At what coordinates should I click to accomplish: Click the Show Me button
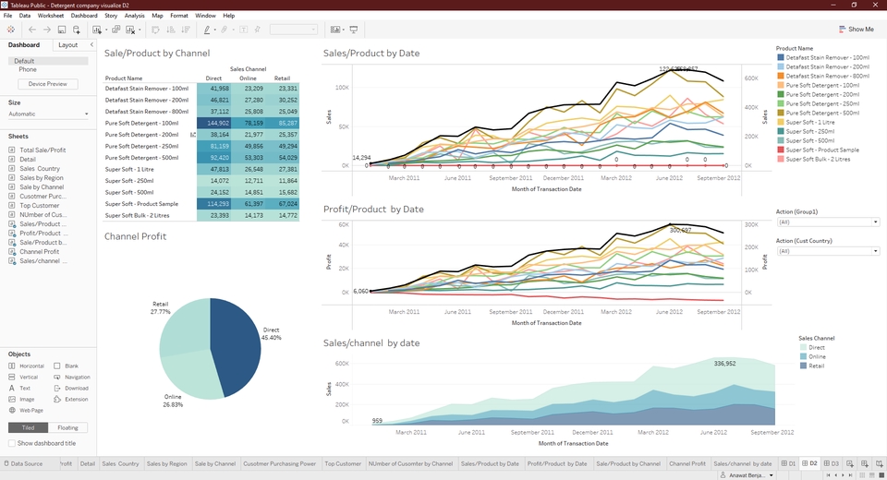[x=856, y=30]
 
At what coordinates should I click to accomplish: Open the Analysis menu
[x=134, y=16]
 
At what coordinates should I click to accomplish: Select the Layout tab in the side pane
[x=67, y=45]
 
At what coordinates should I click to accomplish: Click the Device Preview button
[x=47, y=84]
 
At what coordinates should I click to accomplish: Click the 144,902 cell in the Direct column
[x=213, y=123]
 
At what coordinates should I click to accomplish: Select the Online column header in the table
[x=248, y=78]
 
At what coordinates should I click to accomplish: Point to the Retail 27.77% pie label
[x=160, y=307]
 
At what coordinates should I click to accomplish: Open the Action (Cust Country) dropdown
[x=827, y=251]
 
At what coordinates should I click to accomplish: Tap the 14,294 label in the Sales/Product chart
[x=362, y=158]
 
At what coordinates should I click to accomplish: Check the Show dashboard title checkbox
[x=12, y=443]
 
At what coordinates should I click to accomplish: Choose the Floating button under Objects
[x=67, y=427]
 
